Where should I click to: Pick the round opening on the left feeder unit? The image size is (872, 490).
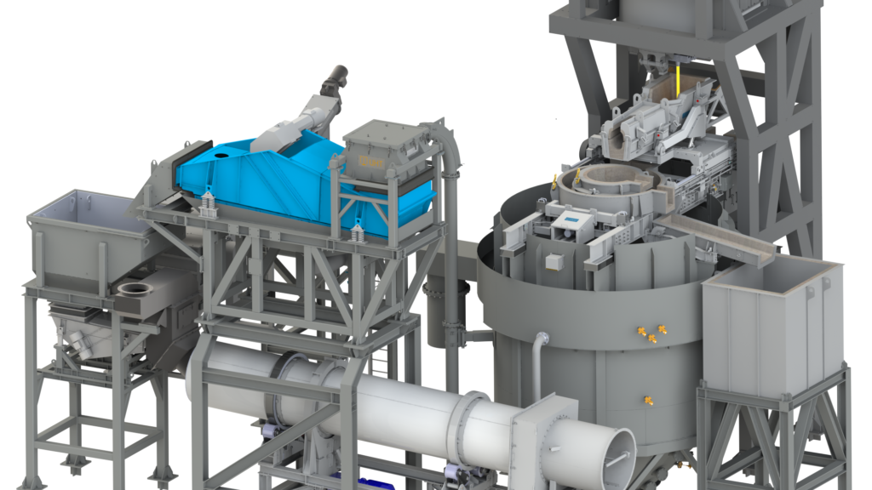(x=134, y=289)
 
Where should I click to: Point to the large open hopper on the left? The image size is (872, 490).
(x=81, y=234)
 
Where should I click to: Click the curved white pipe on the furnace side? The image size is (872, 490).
(x=538, y=357)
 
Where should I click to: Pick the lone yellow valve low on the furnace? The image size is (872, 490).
(x=648, y=398)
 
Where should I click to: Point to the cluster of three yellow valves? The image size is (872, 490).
(x=651, y=333)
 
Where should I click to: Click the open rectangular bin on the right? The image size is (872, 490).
(x=771, y=319)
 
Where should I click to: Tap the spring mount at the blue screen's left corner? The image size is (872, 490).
(x=206, y=205)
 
